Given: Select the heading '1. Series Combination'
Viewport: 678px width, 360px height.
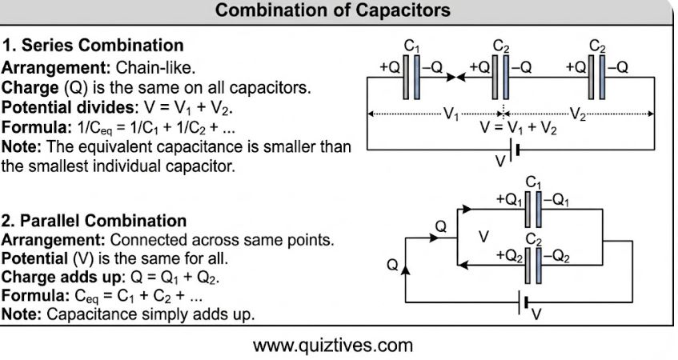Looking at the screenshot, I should [93, 45].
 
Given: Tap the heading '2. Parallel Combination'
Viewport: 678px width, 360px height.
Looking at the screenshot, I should [94, 221].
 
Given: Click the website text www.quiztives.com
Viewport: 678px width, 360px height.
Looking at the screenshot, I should [333, 346].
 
